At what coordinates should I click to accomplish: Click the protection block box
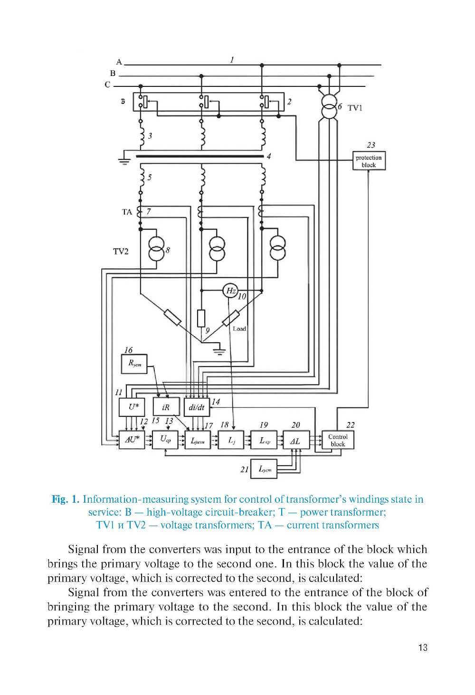(369, 161)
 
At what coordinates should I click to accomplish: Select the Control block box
(338, 440)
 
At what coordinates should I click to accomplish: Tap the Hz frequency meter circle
(230, 291)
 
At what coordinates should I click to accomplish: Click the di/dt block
(196, 407)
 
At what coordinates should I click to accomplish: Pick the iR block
(166, 407)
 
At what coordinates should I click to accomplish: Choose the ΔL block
(295, 441)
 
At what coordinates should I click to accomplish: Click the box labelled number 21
(264, 469)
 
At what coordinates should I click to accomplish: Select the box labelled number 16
(134, 364)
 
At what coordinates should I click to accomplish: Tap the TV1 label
(355, 108)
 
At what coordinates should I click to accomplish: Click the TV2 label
(121, 251)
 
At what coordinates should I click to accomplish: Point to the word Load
(239, 329)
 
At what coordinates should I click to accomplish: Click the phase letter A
(119, 62)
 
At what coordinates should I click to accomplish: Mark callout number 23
(371, 145)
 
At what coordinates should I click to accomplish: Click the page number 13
(423, 648)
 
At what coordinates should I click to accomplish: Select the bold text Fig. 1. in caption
(66, 499)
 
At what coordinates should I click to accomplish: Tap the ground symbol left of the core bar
(124, 159)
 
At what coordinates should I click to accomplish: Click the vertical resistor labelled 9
(201, 318)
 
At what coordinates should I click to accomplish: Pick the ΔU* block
(132, 440)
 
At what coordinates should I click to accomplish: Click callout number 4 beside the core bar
(269, 156)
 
